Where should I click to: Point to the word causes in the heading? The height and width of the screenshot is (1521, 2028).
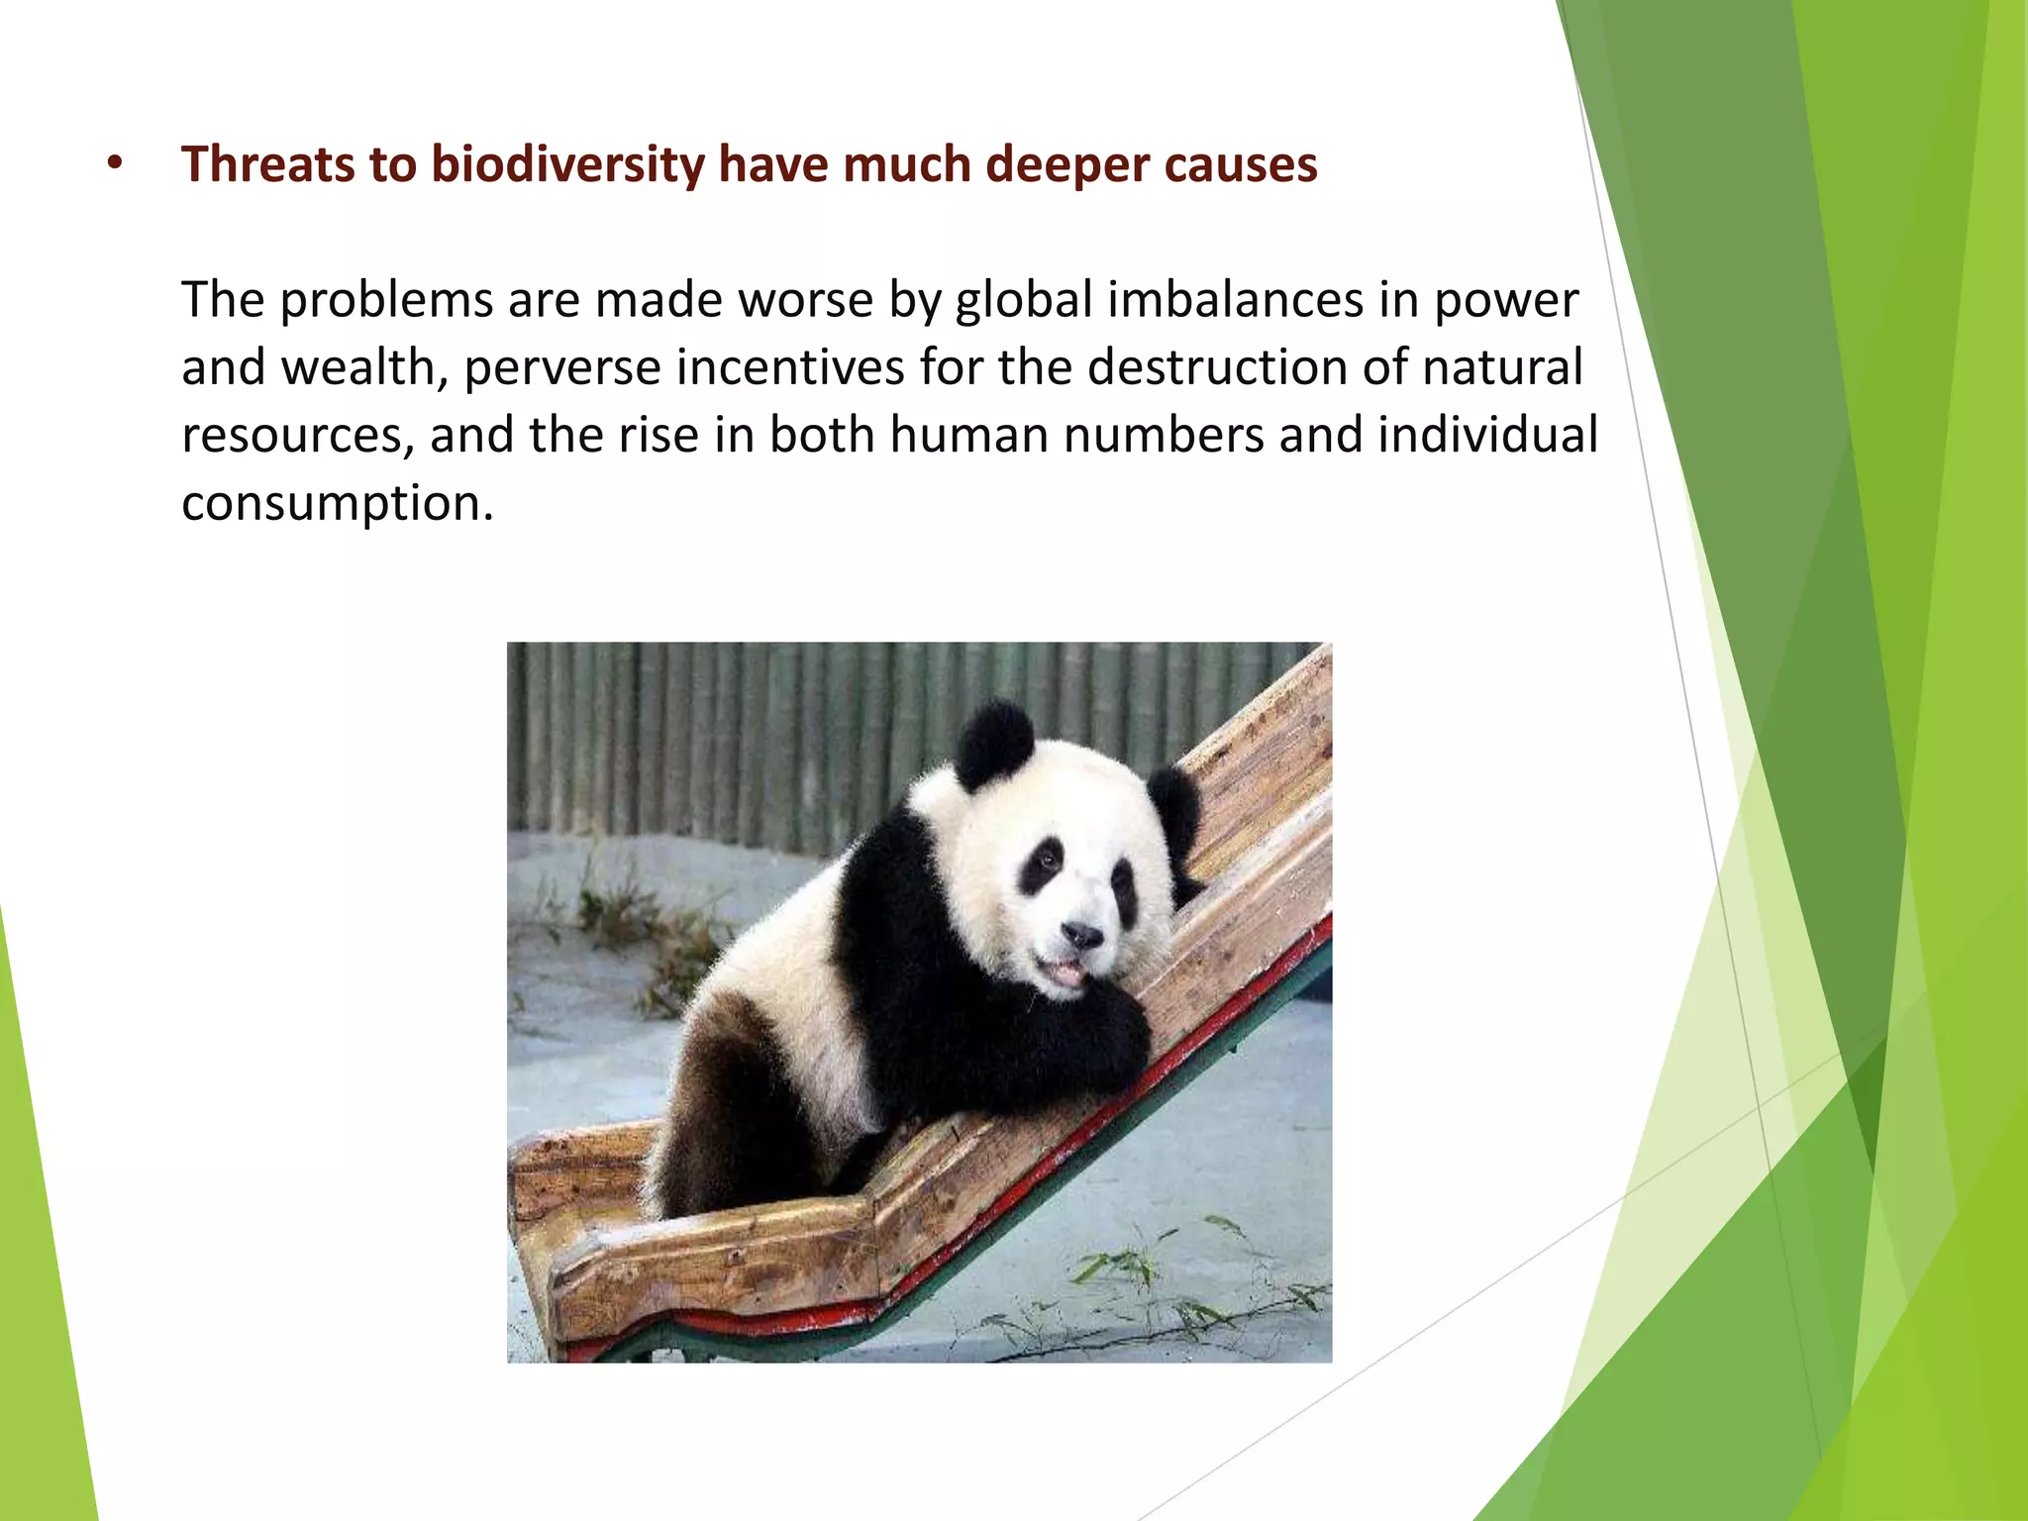[1241, 164]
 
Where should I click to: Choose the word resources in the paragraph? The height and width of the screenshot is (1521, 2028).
[297, 436]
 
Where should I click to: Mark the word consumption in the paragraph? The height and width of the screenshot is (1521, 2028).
[337, 503]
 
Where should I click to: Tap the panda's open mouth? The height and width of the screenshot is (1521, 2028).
[1067, 973]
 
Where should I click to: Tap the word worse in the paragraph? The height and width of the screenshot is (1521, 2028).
[805, 300]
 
